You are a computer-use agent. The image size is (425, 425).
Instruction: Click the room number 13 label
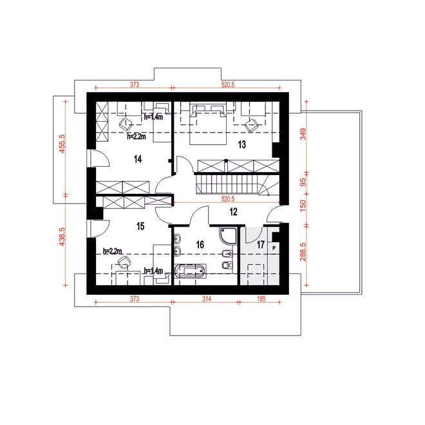pos(241,144)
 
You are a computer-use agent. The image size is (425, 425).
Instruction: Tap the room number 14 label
pos(138,159)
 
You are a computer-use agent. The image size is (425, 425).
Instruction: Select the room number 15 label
pos(140,226)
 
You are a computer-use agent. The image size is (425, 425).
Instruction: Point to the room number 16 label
pos(200,245)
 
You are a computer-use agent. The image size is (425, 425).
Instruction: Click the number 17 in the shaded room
pos(261,245)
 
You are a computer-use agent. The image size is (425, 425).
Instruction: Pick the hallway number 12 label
pos(233,212)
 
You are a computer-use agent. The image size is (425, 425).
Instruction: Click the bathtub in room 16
pos(190,271)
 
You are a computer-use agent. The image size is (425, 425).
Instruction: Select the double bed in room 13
pos(207,125)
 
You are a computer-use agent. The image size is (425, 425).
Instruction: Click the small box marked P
pos(274,248)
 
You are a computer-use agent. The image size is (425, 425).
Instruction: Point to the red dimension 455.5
pos(62,144)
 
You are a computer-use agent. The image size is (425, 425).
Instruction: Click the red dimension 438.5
pos(62,236)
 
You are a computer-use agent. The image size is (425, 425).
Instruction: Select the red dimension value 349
pos(303,134)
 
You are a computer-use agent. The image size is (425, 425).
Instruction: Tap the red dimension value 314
pos(207,299)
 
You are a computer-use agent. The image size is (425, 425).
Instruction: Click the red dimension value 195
pos(261,299)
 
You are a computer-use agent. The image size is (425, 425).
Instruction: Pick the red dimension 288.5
pos(303,252)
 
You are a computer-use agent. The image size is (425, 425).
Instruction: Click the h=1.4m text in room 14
pos(153,117)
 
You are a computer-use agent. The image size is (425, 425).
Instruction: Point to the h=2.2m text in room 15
pos(113,251)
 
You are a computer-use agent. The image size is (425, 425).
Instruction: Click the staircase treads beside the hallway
pos(227,184)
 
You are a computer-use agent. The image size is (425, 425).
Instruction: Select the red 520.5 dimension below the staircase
pos(228,199)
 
